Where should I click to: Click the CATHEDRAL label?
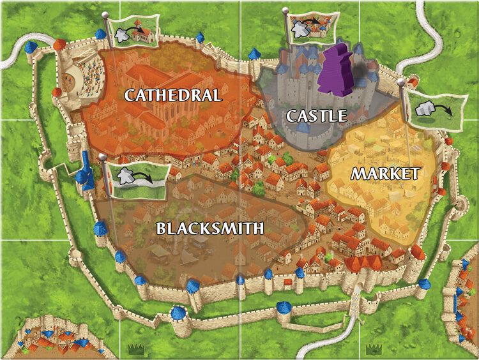tap(172, 96)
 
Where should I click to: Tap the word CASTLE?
tap(316, 116)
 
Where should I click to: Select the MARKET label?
tap(385, 173)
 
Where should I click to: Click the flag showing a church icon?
tap(135, 32)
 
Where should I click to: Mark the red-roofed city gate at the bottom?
tap(363, 268)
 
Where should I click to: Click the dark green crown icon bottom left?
tap(135, 349)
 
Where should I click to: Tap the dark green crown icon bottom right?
tap(372, 349)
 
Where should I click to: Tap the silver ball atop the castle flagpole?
tap(286, 11)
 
